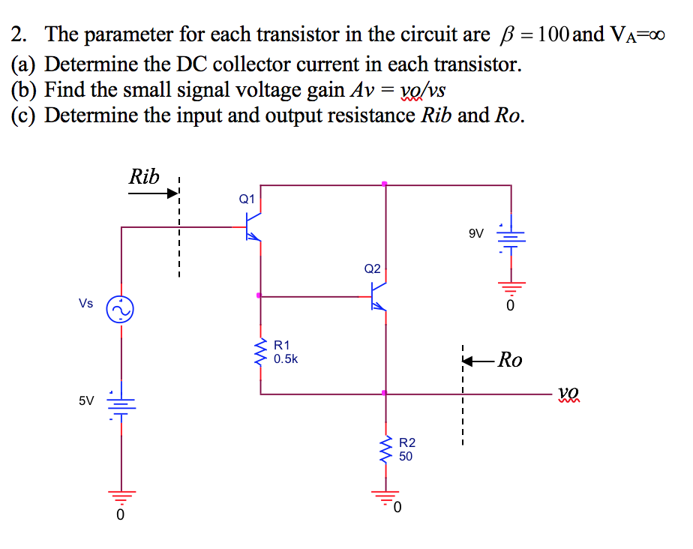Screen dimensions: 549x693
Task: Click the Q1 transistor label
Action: pos(247,199)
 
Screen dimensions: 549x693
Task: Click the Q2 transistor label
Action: pos(372,268)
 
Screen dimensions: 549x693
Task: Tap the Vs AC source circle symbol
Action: pos(121,309)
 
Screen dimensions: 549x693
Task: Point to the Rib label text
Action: pos(144,177)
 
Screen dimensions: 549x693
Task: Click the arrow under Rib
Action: pos(154,193)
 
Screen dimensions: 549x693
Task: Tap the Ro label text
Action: pos(510,360)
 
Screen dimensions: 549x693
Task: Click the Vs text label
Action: pos(85,304)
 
